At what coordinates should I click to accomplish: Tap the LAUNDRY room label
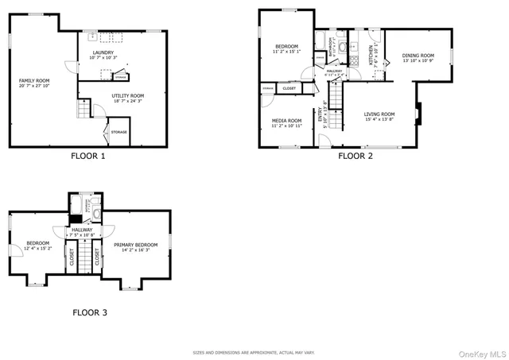click(103, 53)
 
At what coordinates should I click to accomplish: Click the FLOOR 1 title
click(88, 157)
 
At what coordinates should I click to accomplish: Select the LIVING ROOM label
click(379, 114)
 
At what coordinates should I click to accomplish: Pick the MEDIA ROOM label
click(286, 120)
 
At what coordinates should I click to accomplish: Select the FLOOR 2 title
click(355, 157)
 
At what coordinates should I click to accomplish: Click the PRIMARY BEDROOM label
click(135, 245)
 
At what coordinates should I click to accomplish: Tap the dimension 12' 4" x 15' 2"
click(38, 249)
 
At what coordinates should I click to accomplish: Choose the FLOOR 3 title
click(90, 313)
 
